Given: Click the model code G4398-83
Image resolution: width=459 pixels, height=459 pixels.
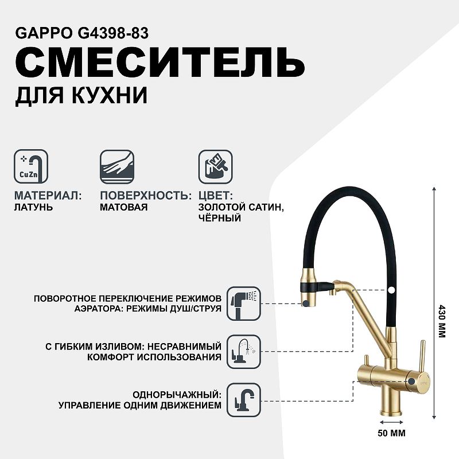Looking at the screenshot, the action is point(113,33).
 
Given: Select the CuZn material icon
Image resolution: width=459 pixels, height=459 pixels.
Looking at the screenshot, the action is point(31,166).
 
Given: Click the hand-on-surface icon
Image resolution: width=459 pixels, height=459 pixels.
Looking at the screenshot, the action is point(117,166).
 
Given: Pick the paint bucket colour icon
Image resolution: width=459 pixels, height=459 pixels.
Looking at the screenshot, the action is point(216,166).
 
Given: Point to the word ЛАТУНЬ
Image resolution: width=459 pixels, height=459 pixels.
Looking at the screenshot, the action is point(33,207).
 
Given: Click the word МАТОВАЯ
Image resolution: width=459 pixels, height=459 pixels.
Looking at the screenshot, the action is point(123,207).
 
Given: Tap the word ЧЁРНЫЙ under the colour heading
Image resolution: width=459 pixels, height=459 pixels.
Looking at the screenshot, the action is point(220,218).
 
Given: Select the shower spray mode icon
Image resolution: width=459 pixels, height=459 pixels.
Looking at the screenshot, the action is point(244,304).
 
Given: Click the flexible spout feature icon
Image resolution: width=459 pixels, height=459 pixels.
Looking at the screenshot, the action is point(244,352).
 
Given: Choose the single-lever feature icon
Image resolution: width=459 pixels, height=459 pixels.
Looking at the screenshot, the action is point(244,400).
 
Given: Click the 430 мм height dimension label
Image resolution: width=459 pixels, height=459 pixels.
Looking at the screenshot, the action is point(441,321).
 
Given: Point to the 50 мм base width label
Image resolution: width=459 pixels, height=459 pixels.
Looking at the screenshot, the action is point(391,433).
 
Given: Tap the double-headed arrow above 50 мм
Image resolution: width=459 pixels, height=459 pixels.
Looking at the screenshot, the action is point(391,422).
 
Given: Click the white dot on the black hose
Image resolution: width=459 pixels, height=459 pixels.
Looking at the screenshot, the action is point(391,290).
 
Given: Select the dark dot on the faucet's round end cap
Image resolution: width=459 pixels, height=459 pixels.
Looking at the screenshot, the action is point(411,381).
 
